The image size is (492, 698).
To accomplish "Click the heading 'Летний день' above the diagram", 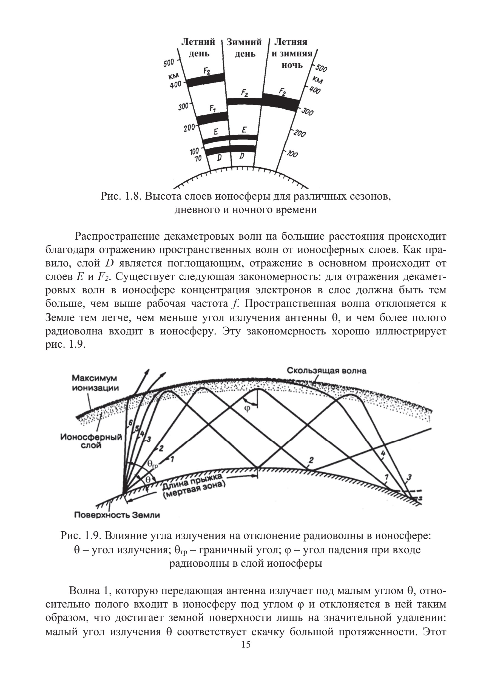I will (x=198, y=47).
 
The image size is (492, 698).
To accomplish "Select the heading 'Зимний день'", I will (x=244, y=48).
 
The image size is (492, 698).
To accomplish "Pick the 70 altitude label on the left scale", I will (x=198, y=158).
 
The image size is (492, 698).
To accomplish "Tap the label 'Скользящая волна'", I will (x=327, y=371).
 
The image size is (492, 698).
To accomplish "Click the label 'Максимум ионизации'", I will (x=95, y=383).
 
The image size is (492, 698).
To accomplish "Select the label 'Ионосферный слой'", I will (x=91, y=441).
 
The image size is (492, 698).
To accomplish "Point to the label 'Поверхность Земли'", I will (x=117, y=515).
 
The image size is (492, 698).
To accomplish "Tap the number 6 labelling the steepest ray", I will (x=131, y=422).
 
